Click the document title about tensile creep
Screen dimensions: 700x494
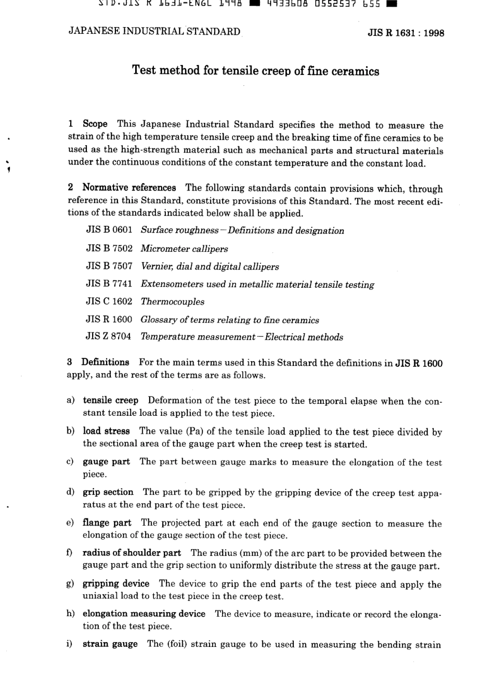point(255,71)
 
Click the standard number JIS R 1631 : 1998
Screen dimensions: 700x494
point(406,33)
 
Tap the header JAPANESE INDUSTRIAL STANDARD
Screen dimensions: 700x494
point(154,31)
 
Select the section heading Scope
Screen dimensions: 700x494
point(95,124)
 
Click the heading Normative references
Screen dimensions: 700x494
point(129,188)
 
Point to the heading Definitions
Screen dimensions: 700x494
point(105,362)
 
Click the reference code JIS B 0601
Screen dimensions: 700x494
point(109,230)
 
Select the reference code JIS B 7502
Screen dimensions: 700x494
point(109,248)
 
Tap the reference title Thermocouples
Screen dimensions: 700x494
point(173,302)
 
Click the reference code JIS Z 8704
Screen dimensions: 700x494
point(109,337)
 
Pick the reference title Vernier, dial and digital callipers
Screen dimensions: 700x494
point(210,266)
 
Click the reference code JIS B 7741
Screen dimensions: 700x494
point(109,284)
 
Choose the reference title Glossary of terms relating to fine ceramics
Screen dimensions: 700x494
point(230,320)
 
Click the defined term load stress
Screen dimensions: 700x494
point(106,431)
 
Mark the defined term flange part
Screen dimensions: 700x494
point(107,523)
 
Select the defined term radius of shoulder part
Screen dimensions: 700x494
point(132,553)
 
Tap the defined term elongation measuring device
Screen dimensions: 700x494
point(144,614)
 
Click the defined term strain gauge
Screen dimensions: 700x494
point(110,644)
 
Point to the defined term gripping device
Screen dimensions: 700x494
point(116,584)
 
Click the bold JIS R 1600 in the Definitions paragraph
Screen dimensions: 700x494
point(419,363)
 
